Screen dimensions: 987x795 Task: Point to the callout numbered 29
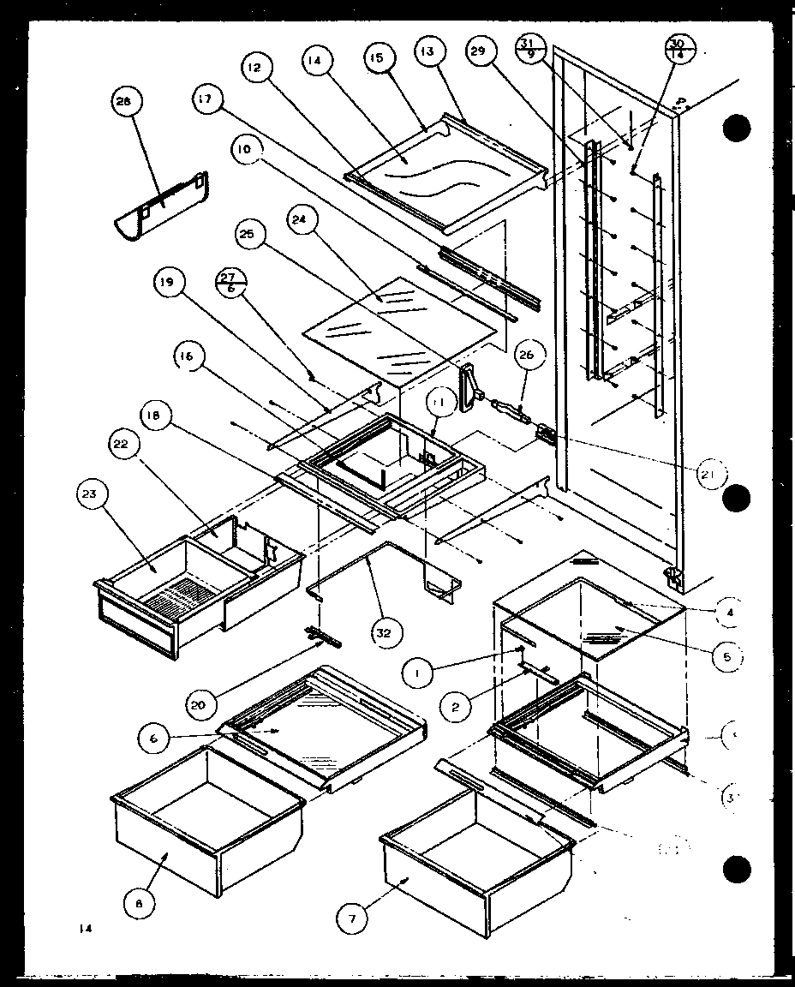point(480,53)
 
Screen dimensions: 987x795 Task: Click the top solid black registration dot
point(736,128)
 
